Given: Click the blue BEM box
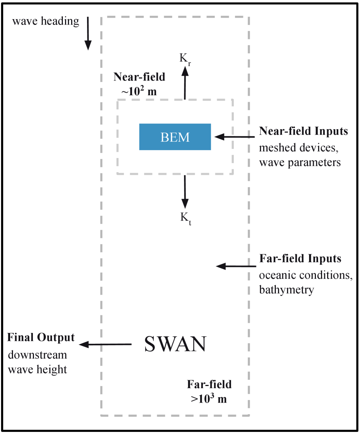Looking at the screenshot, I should coord(175,137).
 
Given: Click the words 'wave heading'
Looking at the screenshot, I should coord(45,21).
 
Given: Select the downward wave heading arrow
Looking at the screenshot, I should coord(88,34).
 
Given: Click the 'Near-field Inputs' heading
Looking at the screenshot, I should coord(303,131).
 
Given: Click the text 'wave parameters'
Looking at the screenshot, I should coord(300,162).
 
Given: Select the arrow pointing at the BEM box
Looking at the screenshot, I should coord(235,137).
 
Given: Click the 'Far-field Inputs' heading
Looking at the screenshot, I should coord(300,259).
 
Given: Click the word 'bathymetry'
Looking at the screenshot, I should coord(286,290).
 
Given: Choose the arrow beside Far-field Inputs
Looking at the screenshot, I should coord(235,266).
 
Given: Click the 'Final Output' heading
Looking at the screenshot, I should coord(41,338).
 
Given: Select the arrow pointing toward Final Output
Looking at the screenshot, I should coord(105,345).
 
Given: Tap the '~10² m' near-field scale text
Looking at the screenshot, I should coord(139,92).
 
